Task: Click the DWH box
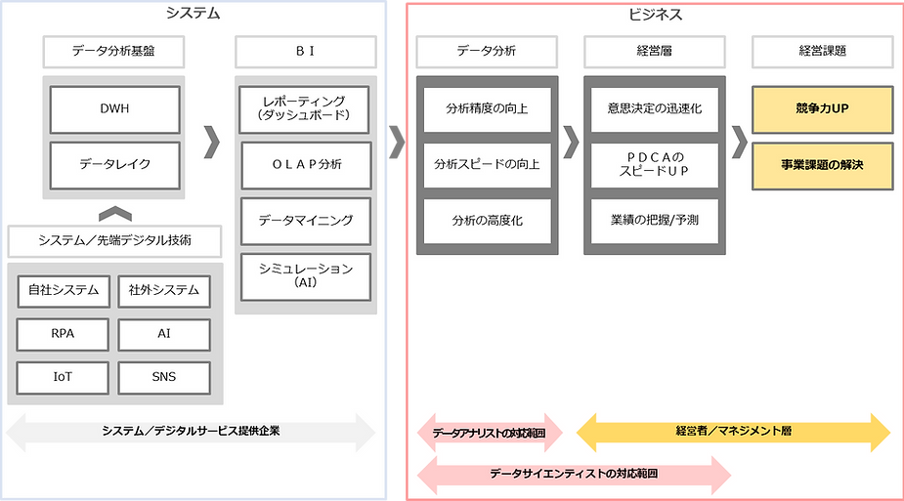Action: [115, 109]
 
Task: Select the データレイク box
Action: [115, 164]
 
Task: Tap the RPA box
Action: [63, 334]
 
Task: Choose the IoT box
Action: [63, 376]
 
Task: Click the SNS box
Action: [164, 376]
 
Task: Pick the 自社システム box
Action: [63, 290]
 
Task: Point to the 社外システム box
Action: [164, 290]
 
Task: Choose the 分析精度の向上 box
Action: [486, 108]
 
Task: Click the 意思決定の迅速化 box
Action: [654, 108]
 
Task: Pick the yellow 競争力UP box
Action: [822, 108]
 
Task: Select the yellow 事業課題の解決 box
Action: [822, 164]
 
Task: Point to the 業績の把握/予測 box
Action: [654, 220]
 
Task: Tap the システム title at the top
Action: [193, 14]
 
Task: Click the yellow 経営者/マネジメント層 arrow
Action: [734, 431]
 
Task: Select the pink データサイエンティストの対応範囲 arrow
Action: [574, 474]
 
